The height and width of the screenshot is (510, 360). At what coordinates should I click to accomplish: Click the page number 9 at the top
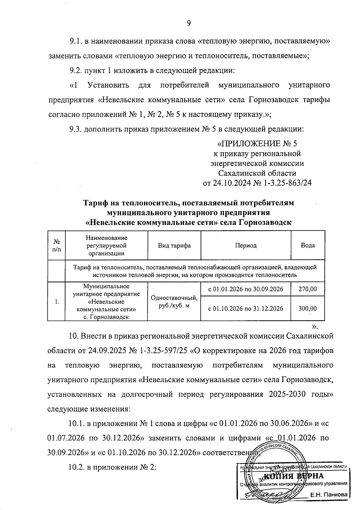(x=189, y=23)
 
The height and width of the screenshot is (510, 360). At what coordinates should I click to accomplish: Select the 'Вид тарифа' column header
(x=174, y=246)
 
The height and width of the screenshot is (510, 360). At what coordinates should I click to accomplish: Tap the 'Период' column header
(x=245, y=246)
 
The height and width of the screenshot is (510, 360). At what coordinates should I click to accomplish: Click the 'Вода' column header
(x=308, y=246)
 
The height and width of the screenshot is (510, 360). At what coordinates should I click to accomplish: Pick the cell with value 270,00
(x=308, y=289)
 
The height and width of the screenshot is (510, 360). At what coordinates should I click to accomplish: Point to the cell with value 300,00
(x=308, y=308)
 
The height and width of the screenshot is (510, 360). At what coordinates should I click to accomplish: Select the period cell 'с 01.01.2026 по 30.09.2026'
(x=245, y=289)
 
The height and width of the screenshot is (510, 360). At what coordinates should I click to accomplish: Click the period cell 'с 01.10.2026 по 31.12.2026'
(x=245, y=308)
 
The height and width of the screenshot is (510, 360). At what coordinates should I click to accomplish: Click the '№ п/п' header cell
(x=56, y=246)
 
